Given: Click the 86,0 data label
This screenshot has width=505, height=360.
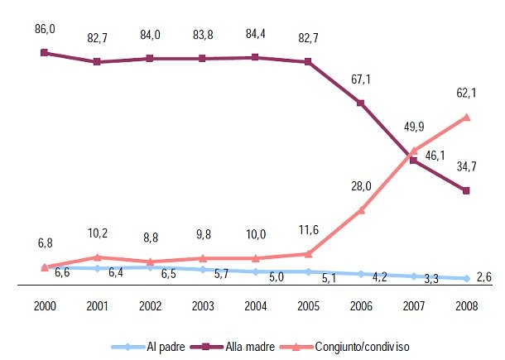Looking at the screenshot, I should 46,28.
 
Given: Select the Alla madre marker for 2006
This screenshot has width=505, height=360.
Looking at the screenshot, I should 361,103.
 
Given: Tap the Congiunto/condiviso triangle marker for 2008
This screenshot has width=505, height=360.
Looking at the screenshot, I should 467,118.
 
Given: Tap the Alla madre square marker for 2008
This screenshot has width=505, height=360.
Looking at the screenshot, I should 467,191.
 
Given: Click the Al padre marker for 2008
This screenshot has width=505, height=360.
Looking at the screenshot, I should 467,279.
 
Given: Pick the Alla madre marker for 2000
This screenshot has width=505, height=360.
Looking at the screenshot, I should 45,53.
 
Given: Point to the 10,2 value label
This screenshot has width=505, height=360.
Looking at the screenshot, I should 98,233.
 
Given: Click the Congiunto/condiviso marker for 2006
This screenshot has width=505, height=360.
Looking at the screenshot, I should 361,210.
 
